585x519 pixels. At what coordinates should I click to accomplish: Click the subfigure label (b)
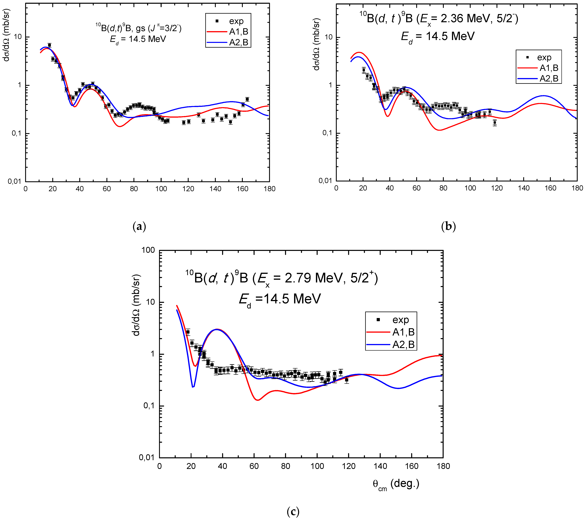pos(449,226)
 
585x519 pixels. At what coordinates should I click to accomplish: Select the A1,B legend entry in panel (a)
pos(238,32)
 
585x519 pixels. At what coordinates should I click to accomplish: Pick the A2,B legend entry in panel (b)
pos(549,78)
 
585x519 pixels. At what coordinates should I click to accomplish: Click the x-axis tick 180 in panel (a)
pos(269,189)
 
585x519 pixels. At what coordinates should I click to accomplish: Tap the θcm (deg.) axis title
pos(396,484)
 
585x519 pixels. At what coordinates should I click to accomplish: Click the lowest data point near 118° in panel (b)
pos(495,122)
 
